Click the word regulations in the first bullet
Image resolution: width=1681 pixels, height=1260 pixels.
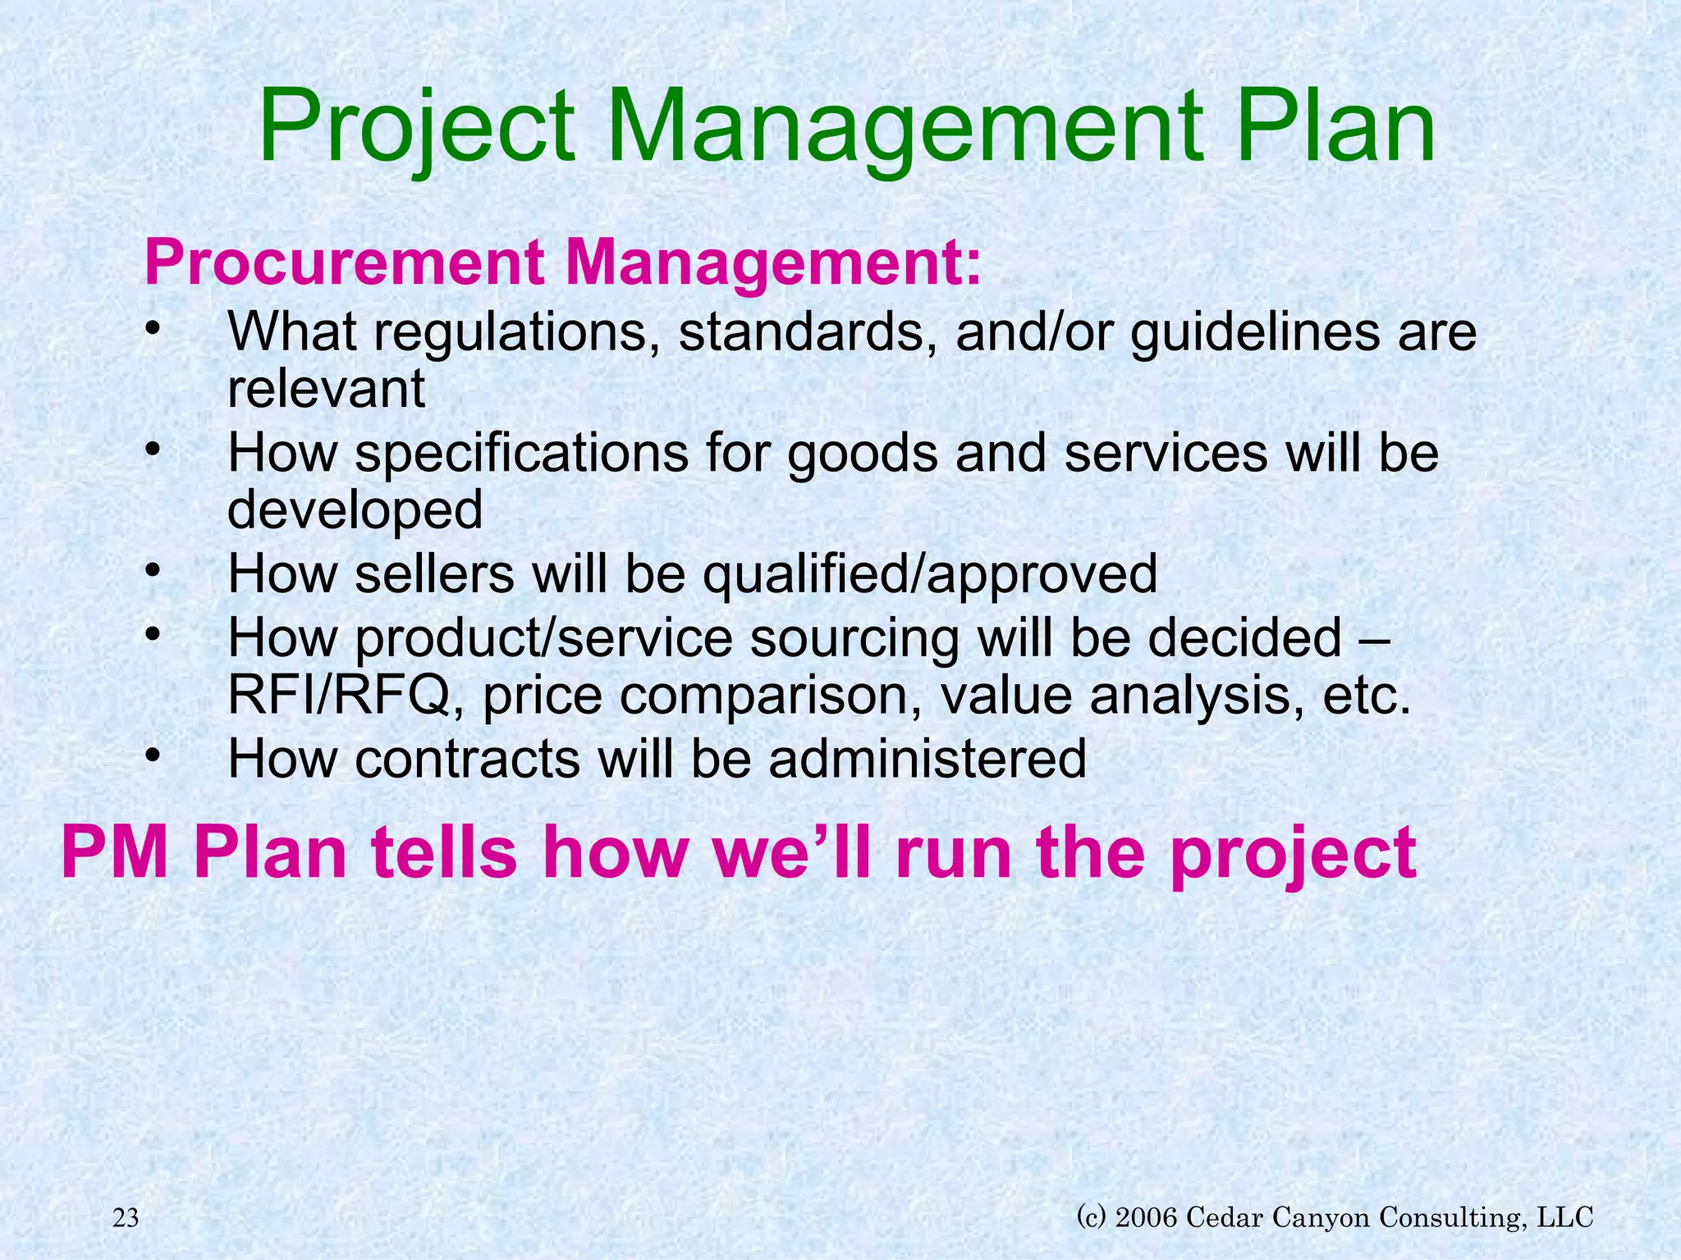pos(505,333)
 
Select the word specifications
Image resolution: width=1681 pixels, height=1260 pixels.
pos(522,454)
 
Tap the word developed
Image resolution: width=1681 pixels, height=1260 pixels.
pos(355,511)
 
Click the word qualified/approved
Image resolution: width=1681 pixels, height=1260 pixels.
pos(929,574)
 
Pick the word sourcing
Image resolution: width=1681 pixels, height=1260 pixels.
pos(854,637)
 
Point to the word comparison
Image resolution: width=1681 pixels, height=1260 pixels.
pos(769,696)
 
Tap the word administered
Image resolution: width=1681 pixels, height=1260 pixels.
pos(928,759)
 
